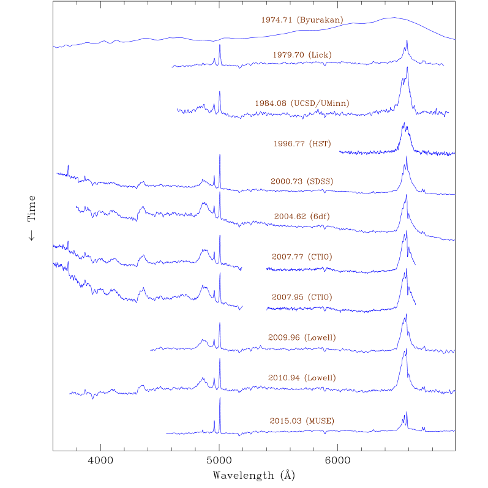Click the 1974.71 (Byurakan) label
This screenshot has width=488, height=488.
click(x=302, y=20)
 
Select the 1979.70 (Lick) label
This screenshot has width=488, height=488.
click(x=302, y=55)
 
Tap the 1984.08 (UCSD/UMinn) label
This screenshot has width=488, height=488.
click(x=302, y=103)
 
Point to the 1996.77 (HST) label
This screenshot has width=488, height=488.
click(x=302, y=144)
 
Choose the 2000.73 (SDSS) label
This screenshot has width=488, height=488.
click(x=302, y=181)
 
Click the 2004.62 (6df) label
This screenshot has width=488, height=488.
click(x=302, y=216)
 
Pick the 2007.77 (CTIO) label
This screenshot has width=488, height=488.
click(x=302, y=257)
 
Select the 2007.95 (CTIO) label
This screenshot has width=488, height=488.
click(x=302, y=298)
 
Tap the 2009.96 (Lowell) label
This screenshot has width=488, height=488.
click(x=302, y=337)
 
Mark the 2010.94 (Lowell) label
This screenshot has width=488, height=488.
click(x=302, y=378)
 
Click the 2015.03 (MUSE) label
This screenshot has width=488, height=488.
click(x=302, y=421)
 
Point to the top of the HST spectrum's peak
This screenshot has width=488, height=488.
click(x=404, y=123)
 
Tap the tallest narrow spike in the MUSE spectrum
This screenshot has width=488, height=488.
click(x=219, y=398)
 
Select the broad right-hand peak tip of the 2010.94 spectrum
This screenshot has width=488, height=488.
click(x=405, y=350)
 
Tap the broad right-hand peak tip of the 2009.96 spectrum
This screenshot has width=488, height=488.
click(x=405, y=315)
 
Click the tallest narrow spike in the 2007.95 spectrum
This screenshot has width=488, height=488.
click(x=219, y=273)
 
